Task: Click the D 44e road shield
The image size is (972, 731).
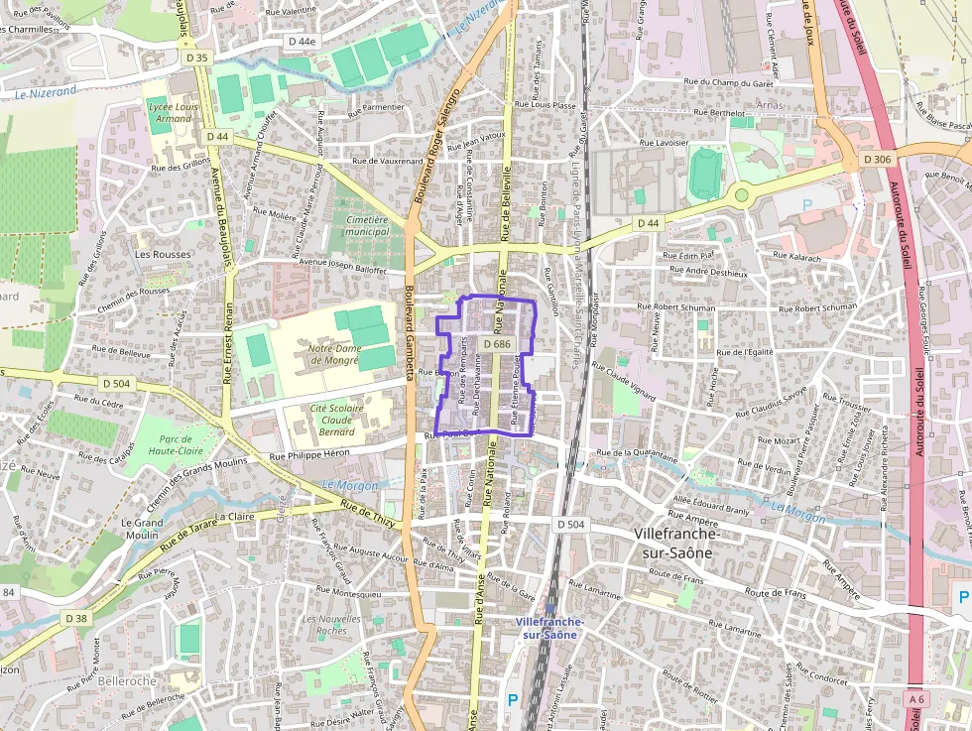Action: pyautogui.click(x=300, y=42)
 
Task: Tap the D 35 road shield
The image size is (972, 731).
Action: pyautogui.click(x=196, y=58)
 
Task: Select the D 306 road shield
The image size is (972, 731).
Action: pyautogui.click(x=877, y=159)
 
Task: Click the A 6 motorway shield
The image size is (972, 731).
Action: pyautogui.click(x=916, y=699)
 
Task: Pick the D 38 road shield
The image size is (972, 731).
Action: pyautogui.click(x=76, y=618)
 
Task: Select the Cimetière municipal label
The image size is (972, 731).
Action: pyautogui.click(x=366, y=224)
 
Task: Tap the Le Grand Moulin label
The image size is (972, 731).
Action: pyautogui.click(x=142, y=529)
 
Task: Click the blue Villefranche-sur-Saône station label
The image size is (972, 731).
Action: pyautogui.click(x=550, y=628)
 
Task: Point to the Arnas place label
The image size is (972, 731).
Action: pyautogui.click(x=769, y=104)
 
